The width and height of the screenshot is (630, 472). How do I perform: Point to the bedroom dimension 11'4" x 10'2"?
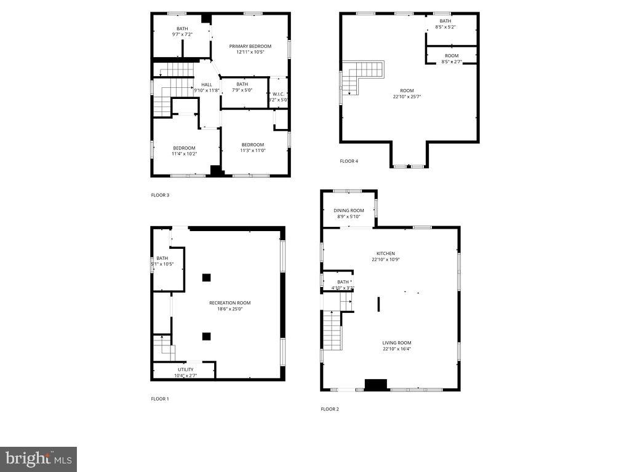184,154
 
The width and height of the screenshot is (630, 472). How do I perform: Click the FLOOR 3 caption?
160,195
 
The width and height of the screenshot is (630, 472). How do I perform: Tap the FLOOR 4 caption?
349,161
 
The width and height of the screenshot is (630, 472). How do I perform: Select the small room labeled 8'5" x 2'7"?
451,58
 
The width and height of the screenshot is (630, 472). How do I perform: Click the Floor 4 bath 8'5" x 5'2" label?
445,24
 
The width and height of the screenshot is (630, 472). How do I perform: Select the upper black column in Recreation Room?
207,277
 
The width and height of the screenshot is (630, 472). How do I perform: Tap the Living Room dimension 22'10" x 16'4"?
396,349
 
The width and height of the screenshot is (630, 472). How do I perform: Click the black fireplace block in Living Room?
375,385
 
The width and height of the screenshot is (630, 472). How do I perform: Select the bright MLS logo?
38,458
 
